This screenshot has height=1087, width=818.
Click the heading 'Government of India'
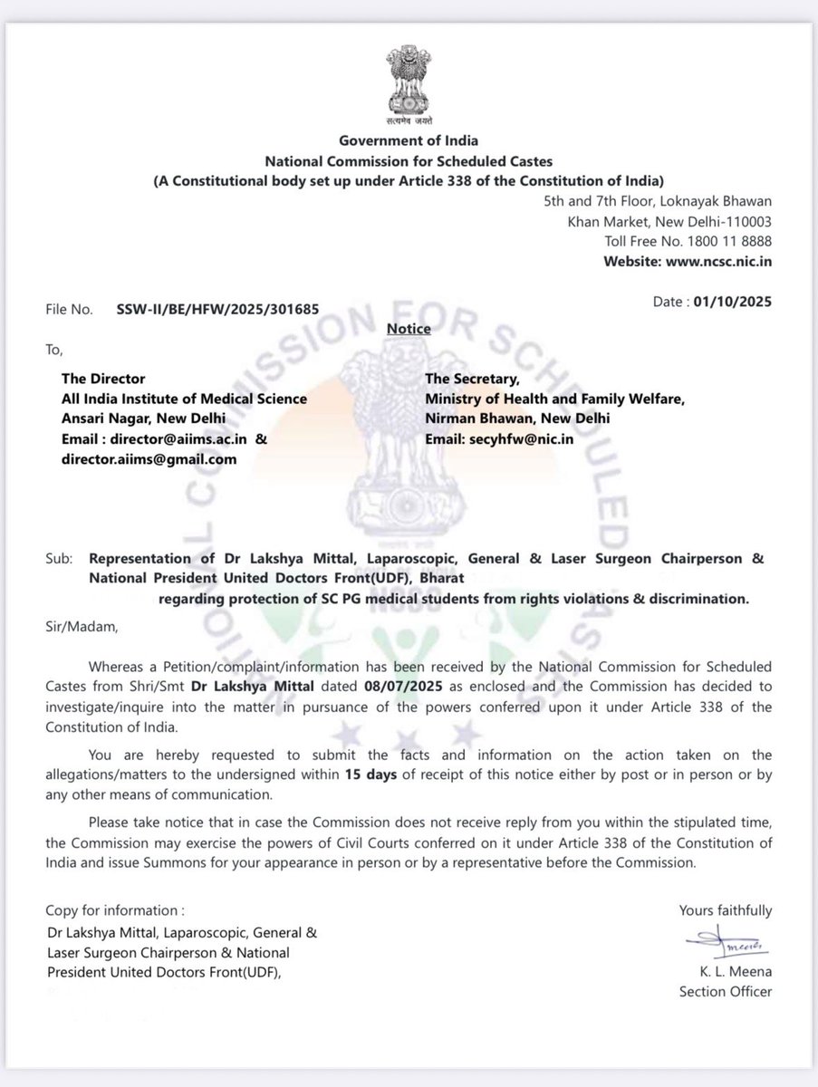[408, 140]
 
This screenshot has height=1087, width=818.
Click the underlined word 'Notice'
[409, 328]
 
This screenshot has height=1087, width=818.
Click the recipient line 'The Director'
[102, 378]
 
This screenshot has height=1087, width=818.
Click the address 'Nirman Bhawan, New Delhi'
[516, 418]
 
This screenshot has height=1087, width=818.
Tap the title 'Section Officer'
[726, 992]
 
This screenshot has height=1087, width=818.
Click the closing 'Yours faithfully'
[725, 910]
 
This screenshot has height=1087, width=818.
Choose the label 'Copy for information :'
[110, 910]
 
